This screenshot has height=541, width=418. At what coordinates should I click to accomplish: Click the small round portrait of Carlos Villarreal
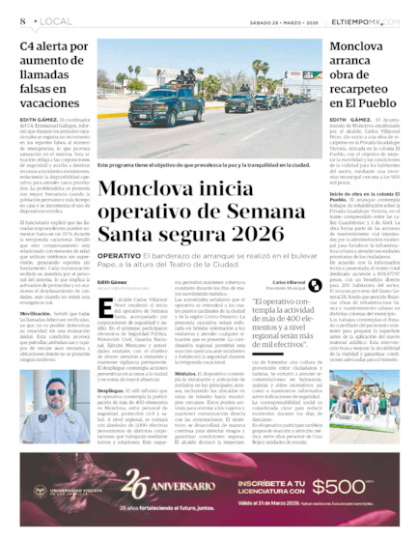point(263,285)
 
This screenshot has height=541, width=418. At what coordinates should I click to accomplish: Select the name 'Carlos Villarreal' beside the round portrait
point(291,282)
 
